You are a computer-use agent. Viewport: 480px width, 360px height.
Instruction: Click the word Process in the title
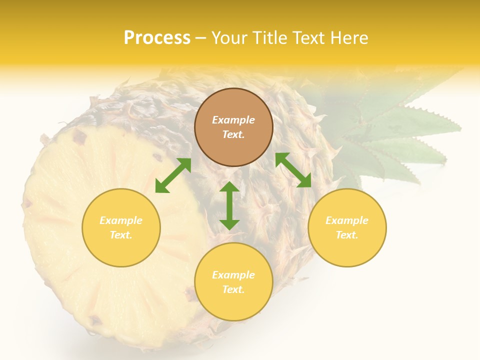pyautogui.click(x=157, y=38)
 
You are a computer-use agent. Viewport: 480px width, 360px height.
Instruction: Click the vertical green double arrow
pyautogui.click(x=229, y=205)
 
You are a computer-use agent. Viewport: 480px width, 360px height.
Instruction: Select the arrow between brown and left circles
pyautogui.click(x=173, y=175)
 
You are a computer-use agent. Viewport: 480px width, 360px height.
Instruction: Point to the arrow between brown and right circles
pyautogui.click(x=293, y=170)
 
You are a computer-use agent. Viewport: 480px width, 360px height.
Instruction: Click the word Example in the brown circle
pyautogui.click(x=233, y=120)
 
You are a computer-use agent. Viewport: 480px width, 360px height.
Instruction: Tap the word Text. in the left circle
pyautogui.click(x=121, y=235)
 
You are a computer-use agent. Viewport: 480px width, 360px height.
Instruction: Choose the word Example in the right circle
pyautogui.click(x=347, y=220)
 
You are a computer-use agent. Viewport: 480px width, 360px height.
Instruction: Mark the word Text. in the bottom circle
pyautogui.click(x=233, y=289)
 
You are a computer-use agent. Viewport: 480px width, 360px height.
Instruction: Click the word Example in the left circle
pyautogui.click(x=121, y=220)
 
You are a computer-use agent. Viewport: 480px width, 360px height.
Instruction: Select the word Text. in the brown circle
pyautogui.click(x=233, y=134)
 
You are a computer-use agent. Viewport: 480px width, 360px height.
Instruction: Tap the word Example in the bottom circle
pyautogui.click(x=233, y=275)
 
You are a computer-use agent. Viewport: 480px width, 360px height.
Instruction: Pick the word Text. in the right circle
pyautogui.click(x=347, y=235)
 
